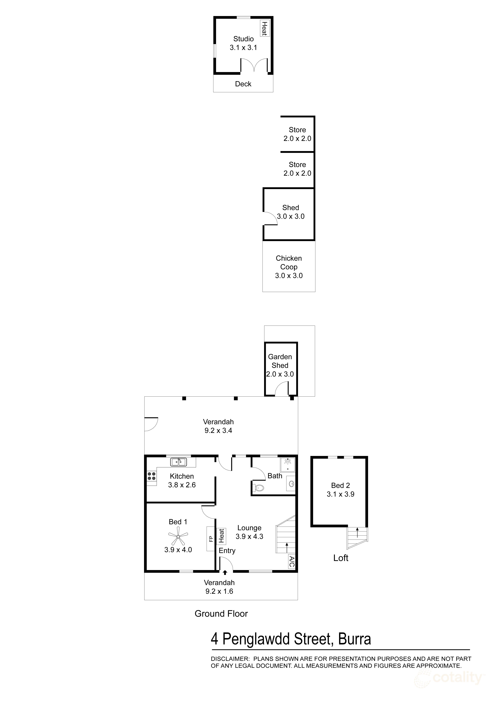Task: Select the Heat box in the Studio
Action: pos(264,28)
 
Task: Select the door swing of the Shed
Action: pos(270,218)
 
